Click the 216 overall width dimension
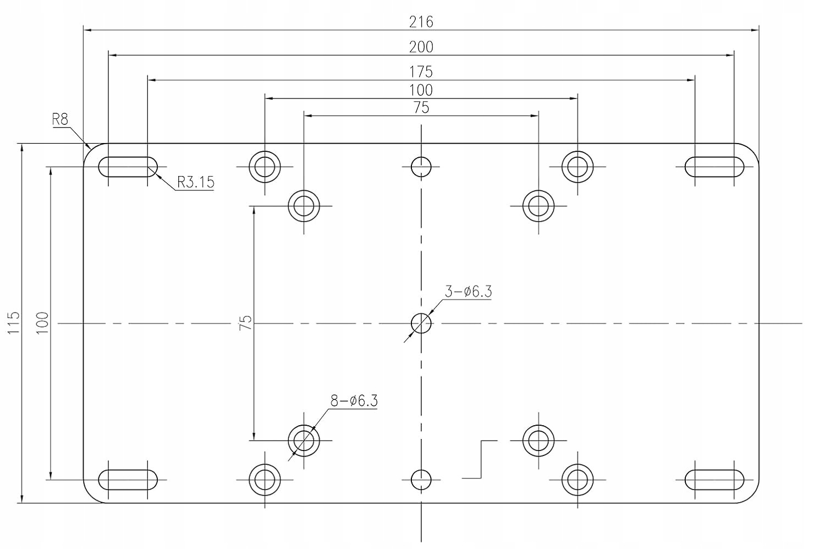pyautogui.click(x=421, y=22)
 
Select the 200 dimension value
pyautogui.click(x=421, y=47)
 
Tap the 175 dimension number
pyautogui.click(x=421, y=72)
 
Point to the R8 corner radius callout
pyautogui.click(x=60, y=119)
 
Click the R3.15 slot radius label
pyautogui.click(x=196, y=182)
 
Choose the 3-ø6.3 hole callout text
pyautogui.click(x=468, y=292)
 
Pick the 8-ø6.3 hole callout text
pyautogui.click(x=354, y=400)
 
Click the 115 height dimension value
pyautogui.click(x=14, y=323)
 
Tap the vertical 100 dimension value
pyautogui.click(x=42, y=323)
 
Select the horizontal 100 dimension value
pyautogui.click(x=421, y=90)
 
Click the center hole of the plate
pyautogui.click(x=421, y=323)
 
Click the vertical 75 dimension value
pyautogui.click(x=246, y=322)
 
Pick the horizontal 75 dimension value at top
pyautogui.click(x=421, y=108)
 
